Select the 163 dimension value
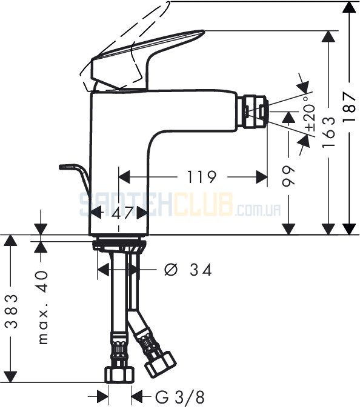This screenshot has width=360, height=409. (328, 132)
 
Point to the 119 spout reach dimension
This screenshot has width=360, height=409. (201, 177)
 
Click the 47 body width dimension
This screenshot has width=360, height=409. (122, 213)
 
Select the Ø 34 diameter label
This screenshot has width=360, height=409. (188, 270)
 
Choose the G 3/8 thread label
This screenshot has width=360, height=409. (180, 397)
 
